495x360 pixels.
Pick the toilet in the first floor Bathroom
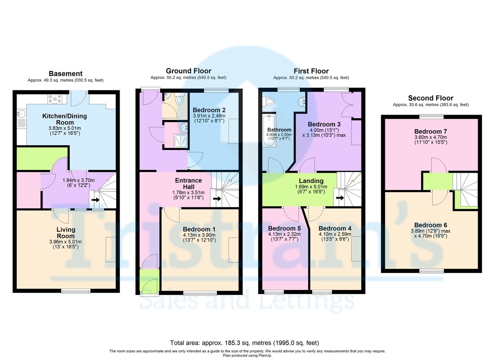click(x=270, y=100)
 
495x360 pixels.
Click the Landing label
click(x=311, y=181)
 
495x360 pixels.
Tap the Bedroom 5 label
click(x=284, y=228)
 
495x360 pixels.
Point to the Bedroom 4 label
click(x=335, y=228)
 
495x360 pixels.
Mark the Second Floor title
click(x=431, y=98)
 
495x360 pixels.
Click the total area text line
click(x=245, y=343)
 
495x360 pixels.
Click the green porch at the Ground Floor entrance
click(x=148, y=280)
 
